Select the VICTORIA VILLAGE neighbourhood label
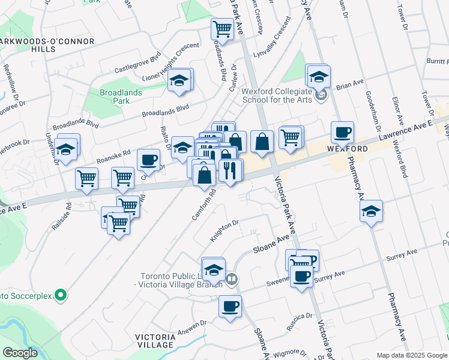click(x=155, y=341)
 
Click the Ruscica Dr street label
click(x=300, y=316)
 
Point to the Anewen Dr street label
click(x=191, y=323)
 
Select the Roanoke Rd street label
click(x=114, y=157)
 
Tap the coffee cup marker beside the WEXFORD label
click(x=342, y=133)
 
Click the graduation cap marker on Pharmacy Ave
click(x=371, y=211)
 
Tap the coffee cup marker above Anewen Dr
click(x=230, y=307)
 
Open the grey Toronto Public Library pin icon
click(x=232, y=278)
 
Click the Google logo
click(x=20, y=353)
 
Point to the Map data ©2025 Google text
click(x=412, y=355)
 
